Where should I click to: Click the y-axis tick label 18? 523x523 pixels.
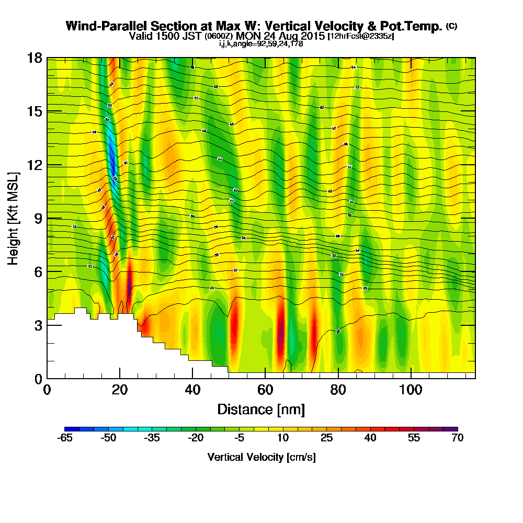[x=35, y=58]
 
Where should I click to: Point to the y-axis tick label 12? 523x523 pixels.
[x=35, y=165]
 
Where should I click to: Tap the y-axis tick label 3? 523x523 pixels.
[x=38, y=325]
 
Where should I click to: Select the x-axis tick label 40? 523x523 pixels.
[x=192, y=390]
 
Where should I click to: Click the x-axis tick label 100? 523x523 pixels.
[x=411, y=390]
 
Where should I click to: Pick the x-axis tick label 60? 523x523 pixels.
[x=266, y=390]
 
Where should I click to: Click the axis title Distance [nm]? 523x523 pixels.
[x=261, y=409]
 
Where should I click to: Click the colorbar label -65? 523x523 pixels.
[x=65, y=438]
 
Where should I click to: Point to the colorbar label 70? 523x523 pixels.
[x=457, y=438]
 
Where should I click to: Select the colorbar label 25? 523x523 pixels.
[x=326, y=438]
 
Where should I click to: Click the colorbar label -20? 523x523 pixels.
[x=196, y=438]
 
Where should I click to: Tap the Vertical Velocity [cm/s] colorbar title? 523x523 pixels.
[x=261, y=457]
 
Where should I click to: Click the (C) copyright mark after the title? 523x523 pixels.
[x=451, y=26]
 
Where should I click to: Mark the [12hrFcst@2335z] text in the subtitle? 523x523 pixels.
[x=360, y=37]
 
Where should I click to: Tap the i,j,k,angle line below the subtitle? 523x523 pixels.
[x=261, y=44]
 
